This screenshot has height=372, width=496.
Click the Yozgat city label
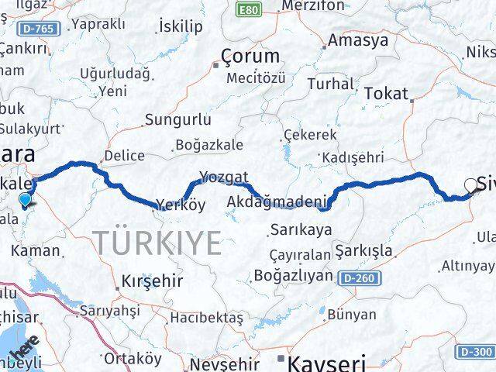[223, 177]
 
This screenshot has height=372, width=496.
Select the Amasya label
[357, 40]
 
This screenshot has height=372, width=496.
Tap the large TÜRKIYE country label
[160, 243]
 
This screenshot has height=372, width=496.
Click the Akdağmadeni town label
[277, 203]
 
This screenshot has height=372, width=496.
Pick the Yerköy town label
[180, 205]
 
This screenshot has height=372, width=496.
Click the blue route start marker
[26, 200]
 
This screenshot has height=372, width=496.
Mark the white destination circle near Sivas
[470, 185]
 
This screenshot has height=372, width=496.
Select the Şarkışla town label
[363, 251]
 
